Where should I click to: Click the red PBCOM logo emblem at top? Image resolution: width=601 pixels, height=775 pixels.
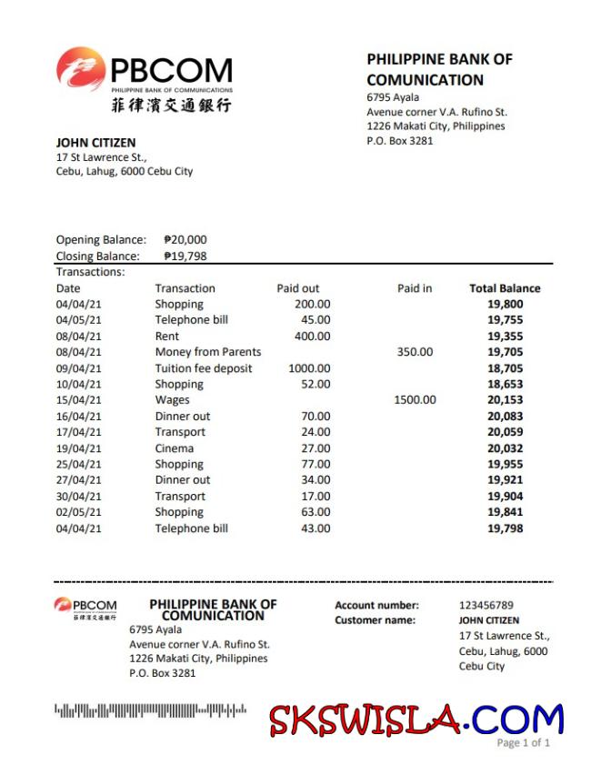coord(80,69)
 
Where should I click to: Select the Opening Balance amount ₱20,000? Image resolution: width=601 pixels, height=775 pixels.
coord(185,240)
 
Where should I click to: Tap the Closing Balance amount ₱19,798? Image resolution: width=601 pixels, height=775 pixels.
coord(185,257)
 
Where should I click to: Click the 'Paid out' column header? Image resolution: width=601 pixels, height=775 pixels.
coord(298,288)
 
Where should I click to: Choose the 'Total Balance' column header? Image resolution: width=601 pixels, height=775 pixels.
coord(505,288)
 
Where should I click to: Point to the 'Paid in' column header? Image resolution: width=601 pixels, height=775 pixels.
coord(415,288)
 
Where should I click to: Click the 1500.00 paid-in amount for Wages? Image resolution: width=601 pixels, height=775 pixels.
coord(415,400)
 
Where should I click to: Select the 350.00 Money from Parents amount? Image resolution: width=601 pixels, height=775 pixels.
coord(415,352)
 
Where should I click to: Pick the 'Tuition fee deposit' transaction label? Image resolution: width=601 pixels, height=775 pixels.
coord(204,368)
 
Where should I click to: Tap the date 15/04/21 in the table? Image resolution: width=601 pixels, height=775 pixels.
coord(79,400)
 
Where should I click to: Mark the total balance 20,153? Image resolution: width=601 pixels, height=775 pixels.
coord(506,400)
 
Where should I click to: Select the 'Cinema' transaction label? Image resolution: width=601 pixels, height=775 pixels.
coord(174,448)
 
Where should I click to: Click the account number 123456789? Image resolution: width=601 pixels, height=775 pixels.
coord(486,605)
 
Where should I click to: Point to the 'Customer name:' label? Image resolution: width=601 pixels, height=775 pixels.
coord(375,620)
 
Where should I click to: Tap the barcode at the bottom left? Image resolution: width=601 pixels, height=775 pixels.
coord(151,710)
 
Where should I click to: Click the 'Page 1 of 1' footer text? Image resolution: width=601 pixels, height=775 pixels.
coord(524,743)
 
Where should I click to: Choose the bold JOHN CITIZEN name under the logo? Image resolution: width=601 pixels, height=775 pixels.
coord(95,143)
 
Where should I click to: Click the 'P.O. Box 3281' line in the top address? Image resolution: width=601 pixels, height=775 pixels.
coord(400,141)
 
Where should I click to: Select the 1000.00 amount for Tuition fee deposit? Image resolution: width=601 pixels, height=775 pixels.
coord(309,368)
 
